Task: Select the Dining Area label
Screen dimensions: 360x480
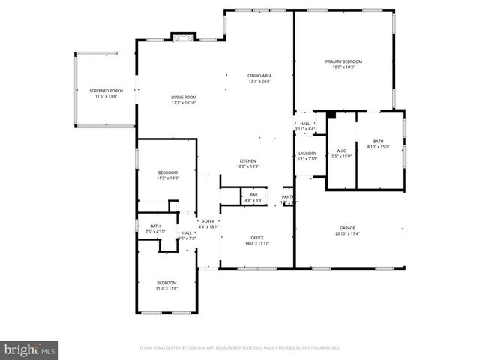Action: click(x=259, y=76)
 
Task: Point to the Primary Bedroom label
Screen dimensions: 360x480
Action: click(x=343, y=61)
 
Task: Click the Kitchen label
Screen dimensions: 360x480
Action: click(x=248, y=161)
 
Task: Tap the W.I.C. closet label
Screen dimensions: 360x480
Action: click(x=340, y=151)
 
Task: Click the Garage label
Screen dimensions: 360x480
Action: click(x=346, y=228)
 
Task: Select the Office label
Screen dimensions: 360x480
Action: click(x=256, y=238)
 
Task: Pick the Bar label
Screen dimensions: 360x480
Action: click(x=253, y=195)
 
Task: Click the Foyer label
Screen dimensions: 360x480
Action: click(x=208, y=221)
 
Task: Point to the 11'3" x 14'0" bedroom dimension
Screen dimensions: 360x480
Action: click(x=167, y=178)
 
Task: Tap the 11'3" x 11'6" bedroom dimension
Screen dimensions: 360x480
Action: click(x=166, y=288)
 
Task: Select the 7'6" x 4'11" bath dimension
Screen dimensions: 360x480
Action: click(x=155, y=232)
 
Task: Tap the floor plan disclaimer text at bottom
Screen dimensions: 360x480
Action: click(x=240, y=348)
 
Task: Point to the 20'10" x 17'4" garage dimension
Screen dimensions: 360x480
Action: click(x=346, y=233)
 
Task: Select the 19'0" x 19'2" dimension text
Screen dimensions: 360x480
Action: click(x=343, y=67)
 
